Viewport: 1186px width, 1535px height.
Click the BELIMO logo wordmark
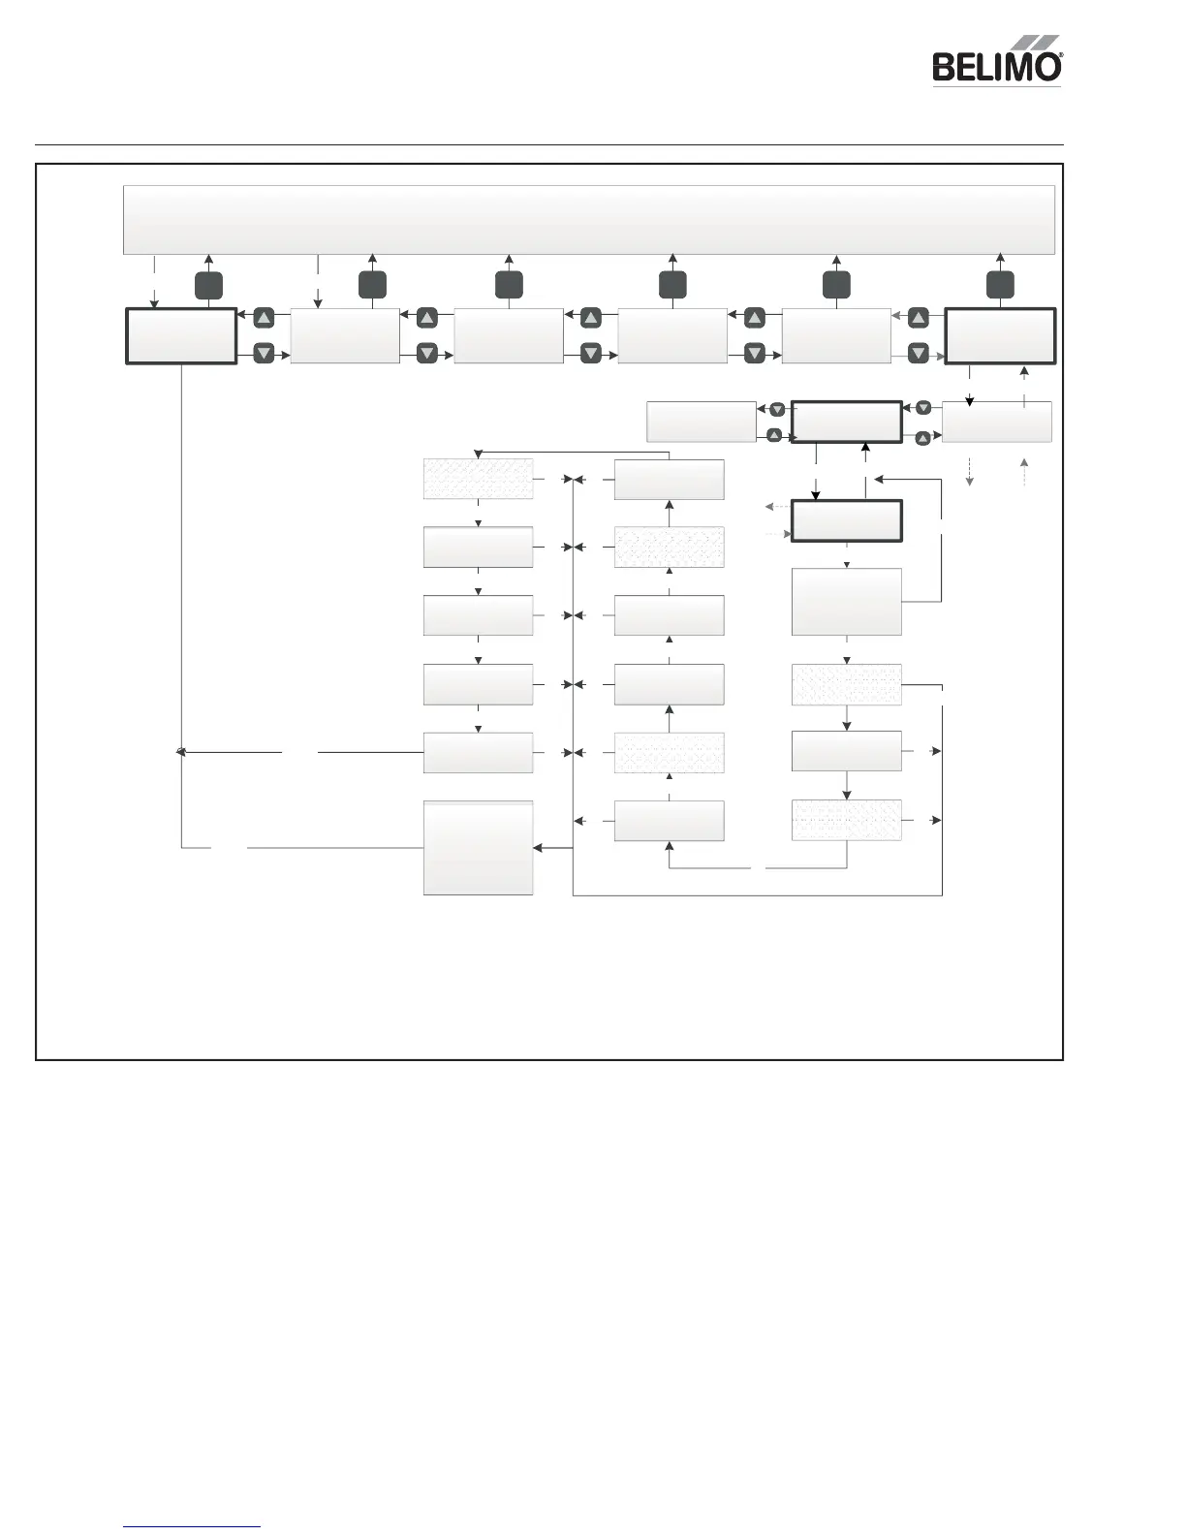(994, 68)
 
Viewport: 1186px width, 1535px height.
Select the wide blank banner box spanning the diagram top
(589, 220)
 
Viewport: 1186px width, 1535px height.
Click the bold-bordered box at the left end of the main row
(181, 336)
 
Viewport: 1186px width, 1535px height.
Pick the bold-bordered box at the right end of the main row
(1000, 336)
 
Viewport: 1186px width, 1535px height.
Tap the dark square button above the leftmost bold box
(208, 286)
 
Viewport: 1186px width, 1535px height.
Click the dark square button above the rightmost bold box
(1000, 286)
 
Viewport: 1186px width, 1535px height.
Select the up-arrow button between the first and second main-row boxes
(264, 318)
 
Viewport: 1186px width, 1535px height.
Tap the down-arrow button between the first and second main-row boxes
(264, 354)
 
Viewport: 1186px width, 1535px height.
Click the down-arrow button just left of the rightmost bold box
(919, 354)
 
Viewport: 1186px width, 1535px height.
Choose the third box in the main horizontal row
(509, 336)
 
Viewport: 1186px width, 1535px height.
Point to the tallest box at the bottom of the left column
(479, 848)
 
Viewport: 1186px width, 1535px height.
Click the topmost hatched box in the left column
(479, 480)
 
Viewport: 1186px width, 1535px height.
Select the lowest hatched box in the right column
(847, 820)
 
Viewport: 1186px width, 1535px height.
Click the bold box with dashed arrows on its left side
(847, 521)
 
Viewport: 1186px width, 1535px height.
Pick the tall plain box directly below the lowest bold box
(847, 602)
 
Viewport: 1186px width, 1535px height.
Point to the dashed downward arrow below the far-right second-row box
(970, 472)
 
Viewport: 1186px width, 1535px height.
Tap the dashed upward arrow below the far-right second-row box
(1024, 472)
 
